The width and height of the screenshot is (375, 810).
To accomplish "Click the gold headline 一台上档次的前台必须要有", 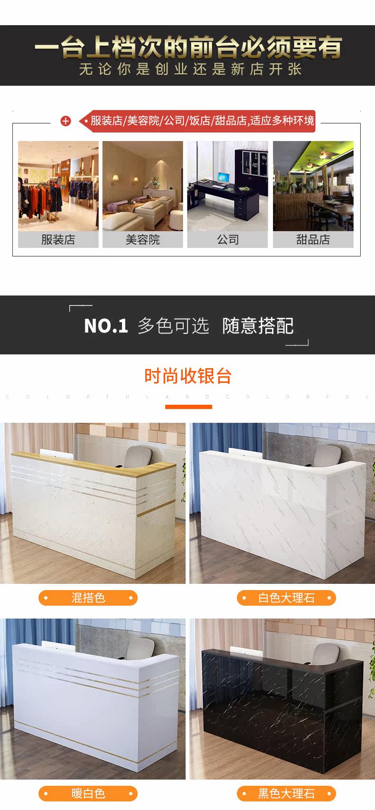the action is click(188, 47).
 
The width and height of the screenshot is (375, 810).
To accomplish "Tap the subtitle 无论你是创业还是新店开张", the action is click(190, 69).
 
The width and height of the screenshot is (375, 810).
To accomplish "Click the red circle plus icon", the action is click(66, 121).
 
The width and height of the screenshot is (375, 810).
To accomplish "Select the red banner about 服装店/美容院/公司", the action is click(197, 121).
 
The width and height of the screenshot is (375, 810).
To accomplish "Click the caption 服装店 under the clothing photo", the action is click(58, 239).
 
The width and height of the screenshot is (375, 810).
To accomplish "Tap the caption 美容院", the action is click(143, 239).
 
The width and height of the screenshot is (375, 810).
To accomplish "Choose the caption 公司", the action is click(227, 239).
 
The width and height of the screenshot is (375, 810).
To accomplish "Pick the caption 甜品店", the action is click(313, 239).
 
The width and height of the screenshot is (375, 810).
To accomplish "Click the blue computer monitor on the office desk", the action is click(223, 178).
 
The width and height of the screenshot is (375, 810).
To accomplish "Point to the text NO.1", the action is click(106, 326).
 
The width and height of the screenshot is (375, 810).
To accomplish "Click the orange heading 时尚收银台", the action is click(188, 376).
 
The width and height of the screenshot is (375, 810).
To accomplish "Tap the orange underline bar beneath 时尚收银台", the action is click(188, 407).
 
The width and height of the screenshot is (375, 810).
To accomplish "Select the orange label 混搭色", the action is click(88, 598).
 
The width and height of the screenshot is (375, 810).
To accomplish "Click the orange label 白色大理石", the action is click(286, 598).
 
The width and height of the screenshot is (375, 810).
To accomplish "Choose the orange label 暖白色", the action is click(88, 793).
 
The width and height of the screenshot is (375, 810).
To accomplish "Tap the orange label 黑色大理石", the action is click(286, 793).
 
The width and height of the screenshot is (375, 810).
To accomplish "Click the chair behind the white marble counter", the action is click(327, 456).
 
